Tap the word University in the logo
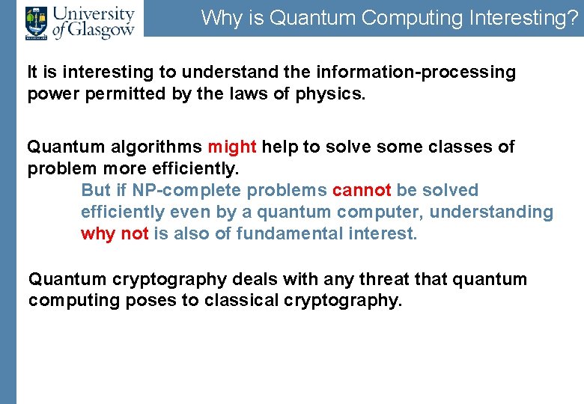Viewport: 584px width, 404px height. (x=94, y=13)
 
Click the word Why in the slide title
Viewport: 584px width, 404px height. (x=218, y=18)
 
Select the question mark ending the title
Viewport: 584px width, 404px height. (x=573, y=18)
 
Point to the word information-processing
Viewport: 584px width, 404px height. (x=416, y=73)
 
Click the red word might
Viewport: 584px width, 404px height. (x=232, y=147)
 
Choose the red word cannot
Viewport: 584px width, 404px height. (x=362, y=190)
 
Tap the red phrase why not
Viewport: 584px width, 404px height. (x=115, y=233)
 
